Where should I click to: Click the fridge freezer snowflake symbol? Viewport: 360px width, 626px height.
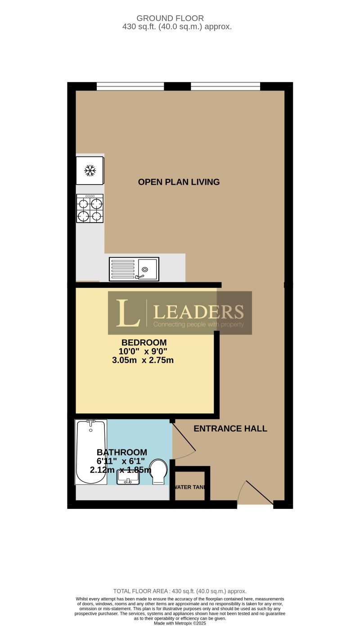tap(90, 170)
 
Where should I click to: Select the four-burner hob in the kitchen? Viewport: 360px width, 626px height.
tap(90, 209)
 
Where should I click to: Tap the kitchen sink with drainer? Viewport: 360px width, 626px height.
tap(134, 269)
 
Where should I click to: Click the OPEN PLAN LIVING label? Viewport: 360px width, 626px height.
tap(179, 182)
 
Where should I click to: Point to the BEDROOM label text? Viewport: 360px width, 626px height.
tap(144, 342)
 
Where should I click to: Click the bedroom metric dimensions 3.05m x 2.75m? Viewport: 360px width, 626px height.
tap(143, 360)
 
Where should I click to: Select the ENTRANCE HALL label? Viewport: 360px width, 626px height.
tap(230, 429)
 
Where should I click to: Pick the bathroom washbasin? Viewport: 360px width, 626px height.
tap(128, 476)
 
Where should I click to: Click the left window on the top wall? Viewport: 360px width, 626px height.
tap(130, 86)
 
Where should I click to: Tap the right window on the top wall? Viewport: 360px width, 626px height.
tap(225, 86)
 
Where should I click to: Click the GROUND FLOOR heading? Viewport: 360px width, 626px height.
tap(170, 18)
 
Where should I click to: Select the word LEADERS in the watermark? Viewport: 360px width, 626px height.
tap(198, 311)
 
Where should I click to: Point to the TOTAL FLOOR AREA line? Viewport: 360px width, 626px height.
tap(180, 591)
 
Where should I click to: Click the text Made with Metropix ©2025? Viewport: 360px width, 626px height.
tap(180, 623)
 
